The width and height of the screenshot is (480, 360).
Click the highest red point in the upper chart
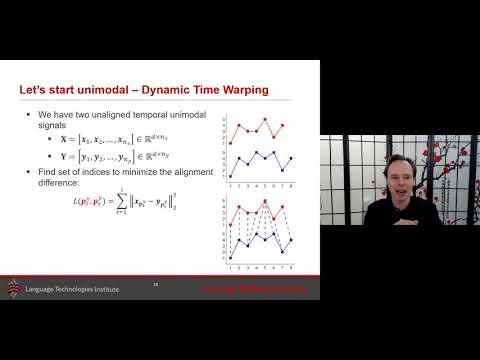tap(265, 120)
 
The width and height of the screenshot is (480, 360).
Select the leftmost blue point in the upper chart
tap(231, 174)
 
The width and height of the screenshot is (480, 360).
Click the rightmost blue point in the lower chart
tap(291, 239)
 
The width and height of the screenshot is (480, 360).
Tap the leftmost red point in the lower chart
tap(231, 225)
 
